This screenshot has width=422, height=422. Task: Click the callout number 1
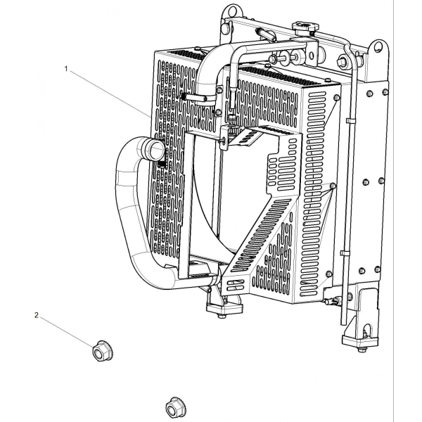click(x=66, y=69)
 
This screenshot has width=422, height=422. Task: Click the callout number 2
click(x=37, y=315)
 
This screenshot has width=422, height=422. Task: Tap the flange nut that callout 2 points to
click(x=103, y=351)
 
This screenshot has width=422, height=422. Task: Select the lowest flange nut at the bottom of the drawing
click(x=176, y=407)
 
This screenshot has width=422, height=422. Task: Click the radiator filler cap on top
click(x=305, y=27)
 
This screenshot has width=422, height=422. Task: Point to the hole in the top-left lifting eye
click(x=232, y=11)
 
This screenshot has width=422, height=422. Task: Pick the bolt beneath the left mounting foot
click(x=222, y=316)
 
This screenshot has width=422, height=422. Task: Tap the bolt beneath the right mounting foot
click(x=362, y=350)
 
